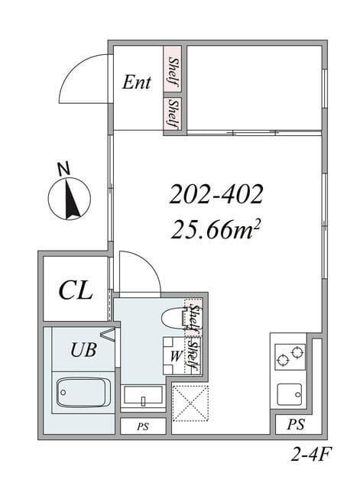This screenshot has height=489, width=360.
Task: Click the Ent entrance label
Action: [x=136, y=83]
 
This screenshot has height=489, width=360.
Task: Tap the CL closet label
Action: [x=76, y=290]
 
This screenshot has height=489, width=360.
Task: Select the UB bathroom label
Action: [x=83, y=350]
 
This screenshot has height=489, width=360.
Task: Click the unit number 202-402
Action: [x=216, y=194]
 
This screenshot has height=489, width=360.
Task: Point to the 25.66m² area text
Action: [x=216, y=230]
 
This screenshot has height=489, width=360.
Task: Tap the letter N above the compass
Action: [x=64, y=169]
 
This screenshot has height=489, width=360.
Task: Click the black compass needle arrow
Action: [x=71, y=199]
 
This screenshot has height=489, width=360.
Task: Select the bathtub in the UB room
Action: [x=83, y=392]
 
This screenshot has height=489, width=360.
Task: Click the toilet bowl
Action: [x=174, y=319]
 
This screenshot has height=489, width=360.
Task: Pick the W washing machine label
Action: [x=177, y=356]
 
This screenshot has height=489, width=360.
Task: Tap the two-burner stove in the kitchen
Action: [x=290, y=357]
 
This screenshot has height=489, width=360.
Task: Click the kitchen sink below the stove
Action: [x=290, y=394]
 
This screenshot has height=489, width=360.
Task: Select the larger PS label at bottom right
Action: [x=296, y=425]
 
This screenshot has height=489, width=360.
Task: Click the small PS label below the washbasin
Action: [x=143, y=426]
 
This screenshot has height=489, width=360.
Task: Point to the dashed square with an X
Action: [x=190, y=403]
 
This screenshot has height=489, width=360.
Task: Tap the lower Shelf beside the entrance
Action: [x=174, y=113]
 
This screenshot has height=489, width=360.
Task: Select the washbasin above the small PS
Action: [x=143, y=396]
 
